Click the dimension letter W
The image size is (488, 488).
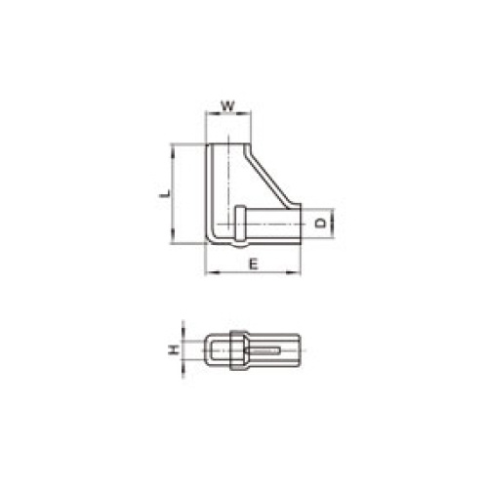[x=228, y=106]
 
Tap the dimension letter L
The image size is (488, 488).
[x=165, y=193]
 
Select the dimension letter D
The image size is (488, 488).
[x=320, y=224]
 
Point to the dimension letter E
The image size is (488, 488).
[x=254, y=264]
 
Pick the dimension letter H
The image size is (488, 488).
[x=174, y=350]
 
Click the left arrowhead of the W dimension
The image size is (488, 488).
[x=212, y=113]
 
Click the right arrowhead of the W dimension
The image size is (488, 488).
[x=245, y=113]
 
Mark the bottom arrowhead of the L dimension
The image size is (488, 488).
[x=172, y=236]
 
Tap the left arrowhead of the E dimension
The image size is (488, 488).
[x=213, y=272]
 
